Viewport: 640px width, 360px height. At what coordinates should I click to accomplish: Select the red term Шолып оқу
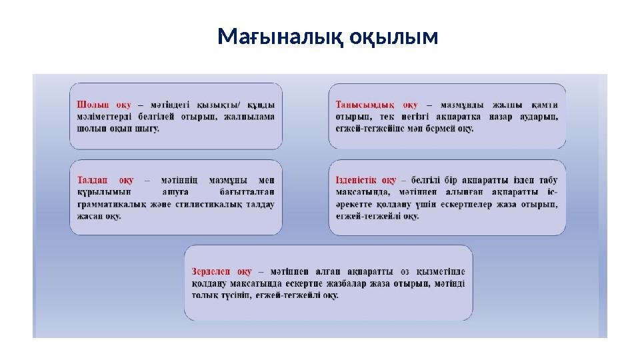tap(104, 105)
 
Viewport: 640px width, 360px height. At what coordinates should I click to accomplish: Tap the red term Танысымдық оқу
tap(377, 105)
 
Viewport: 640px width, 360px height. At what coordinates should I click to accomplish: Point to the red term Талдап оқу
tap(105, 180)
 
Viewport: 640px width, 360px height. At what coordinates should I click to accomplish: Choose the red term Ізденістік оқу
tap(366, 180)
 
